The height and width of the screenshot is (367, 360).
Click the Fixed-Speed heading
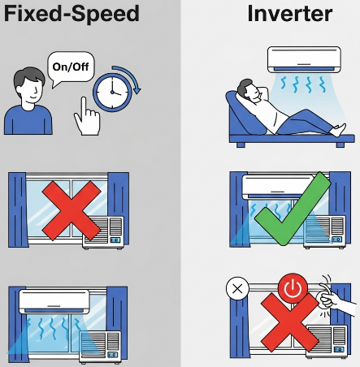pos(72,15)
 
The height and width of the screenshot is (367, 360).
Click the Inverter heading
pos(290,14)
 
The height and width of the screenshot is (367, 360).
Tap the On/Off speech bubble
pos(71,67)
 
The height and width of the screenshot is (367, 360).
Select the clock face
pos(112,92)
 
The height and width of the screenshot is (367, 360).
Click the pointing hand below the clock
pos(87,118)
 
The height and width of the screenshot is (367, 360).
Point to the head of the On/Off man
pos(29,85)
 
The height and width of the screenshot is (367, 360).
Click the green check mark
pos(293,209)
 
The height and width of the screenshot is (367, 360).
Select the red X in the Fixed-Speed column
pos(72,210)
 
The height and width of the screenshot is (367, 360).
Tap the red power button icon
pos(293,288)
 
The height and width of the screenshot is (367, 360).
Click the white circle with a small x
pos(237,288)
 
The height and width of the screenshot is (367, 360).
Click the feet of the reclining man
pos(338,130)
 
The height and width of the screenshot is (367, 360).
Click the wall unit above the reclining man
pos(304,59)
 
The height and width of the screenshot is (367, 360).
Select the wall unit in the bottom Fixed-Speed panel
pos(54,301)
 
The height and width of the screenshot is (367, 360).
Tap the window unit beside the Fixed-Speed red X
pos(103,232)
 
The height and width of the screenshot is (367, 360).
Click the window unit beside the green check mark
pos(324,231)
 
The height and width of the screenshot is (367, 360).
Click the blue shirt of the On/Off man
pos(28,119)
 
